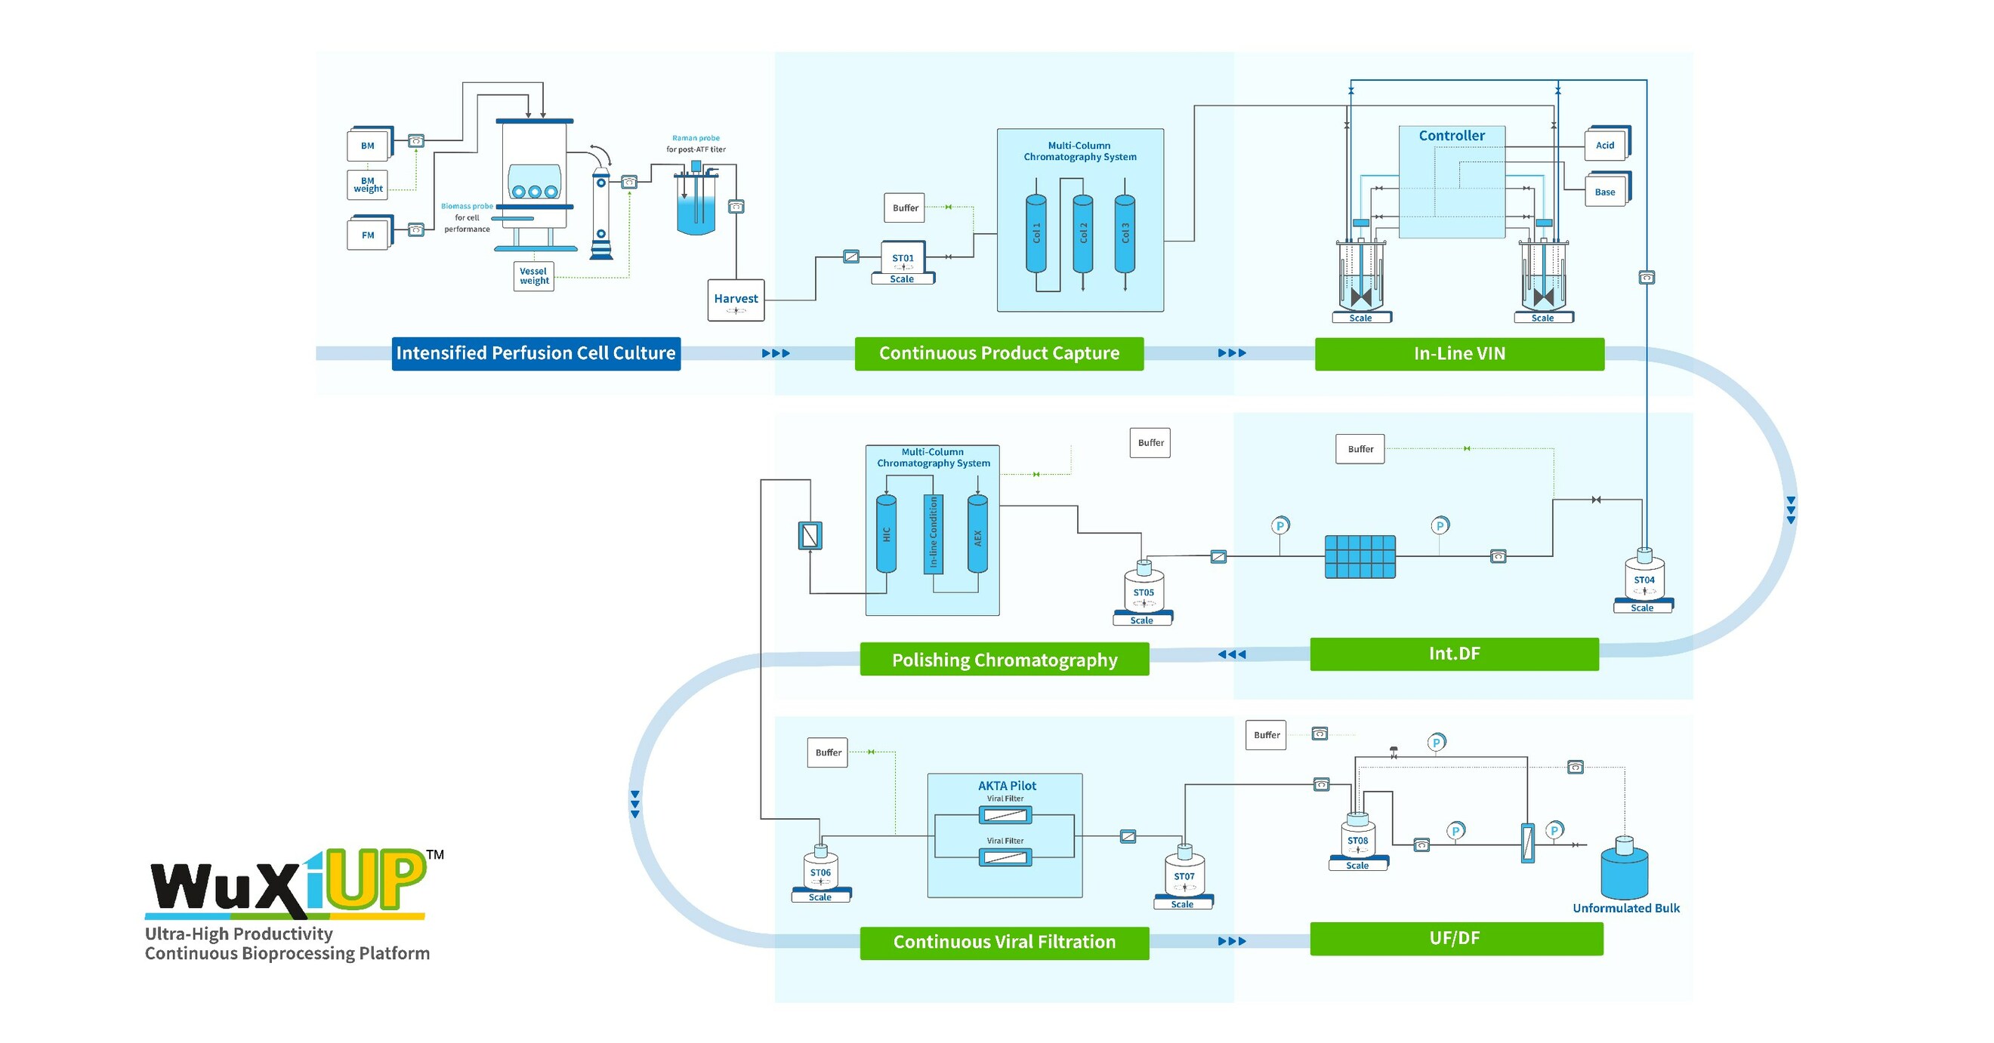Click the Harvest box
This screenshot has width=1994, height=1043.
[x=736, y=300]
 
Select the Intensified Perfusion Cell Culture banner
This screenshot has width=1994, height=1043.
[x=536, y=354]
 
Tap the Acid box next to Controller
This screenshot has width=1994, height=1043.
[x=1605, y=145]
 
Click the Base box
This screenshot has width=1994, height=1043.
[x=1605, y=192]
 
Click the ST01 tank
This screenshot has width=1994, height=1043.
[x=903, y=258]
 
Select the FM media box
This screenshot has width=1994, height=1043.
[x=368, y=235]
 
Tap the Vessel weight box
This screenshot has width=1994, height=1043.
[x=533, y=276]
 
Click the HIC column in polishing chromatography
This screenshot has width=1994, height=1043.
[x=885, y=534]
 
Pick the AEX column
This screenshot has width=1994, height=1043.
[x=977, y=534]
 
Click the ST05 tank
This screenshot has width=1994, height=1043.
[x=1144, y=590]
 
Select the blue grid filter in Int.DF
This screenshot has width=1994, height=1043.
[x=1360, y=556]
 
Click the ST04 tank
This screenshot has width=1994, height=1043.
[x=1644, y=579]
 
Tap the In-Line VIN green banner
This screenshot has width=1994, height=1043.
[x=1459, y=354]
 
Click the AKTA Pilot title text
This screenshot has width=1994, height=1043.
[x=1006, y=786]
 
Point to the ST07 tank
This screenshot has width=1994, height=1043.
[x=1184, y=875]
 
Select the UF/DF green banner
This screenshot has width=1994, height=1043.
[x=1455, y=939]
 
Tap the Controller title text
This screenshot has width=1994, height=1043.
[x=1452, y=135]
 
